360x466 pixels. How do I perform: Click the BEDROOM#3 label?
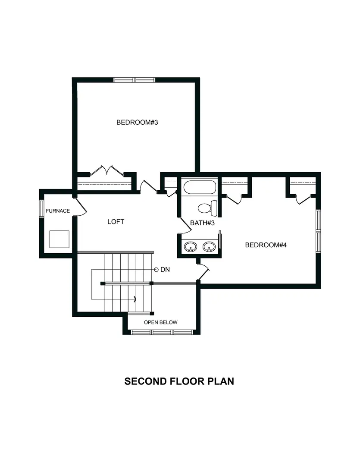point(138,122)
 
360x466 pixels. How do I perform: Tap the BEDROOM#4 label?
point(266,245)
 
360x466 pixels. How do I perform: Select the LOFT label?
point(116,222)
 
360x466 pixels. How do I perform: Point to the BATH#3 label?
point(202,223)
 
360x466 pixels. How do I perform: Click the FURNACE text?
point(58,211)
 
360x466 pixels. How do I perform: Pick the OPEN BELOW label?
point(160,322)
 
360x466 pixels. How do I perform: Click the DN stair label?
point(165,270)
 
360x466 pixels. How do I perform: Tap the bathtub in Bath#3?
point(200,188)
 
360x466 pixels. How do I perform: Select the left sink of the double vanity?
point(190,247)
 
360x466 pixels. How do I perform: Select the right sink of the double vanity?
point(210,247)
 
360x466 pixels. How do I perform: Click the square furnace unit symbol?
point(59,239)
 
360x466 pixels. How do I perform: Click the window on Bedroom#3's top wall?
point(134,80)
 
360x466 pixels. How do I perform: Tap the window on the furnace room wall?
point(41,211)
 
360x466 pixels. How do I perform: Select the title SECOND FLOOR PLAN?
point(179,381)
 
